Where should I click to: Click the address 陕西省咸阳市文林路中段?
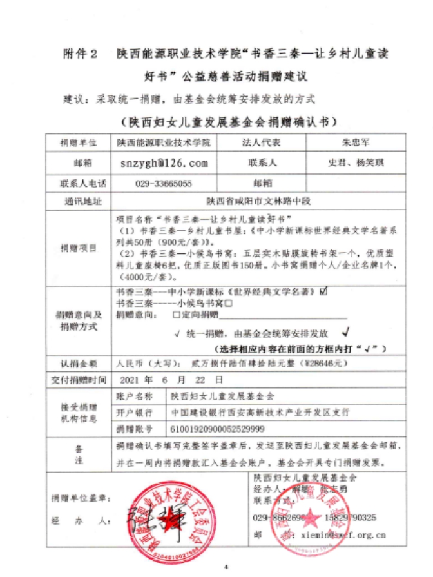click(258, 201)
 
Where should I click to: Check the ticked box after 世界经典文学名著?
click(323, 291)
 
